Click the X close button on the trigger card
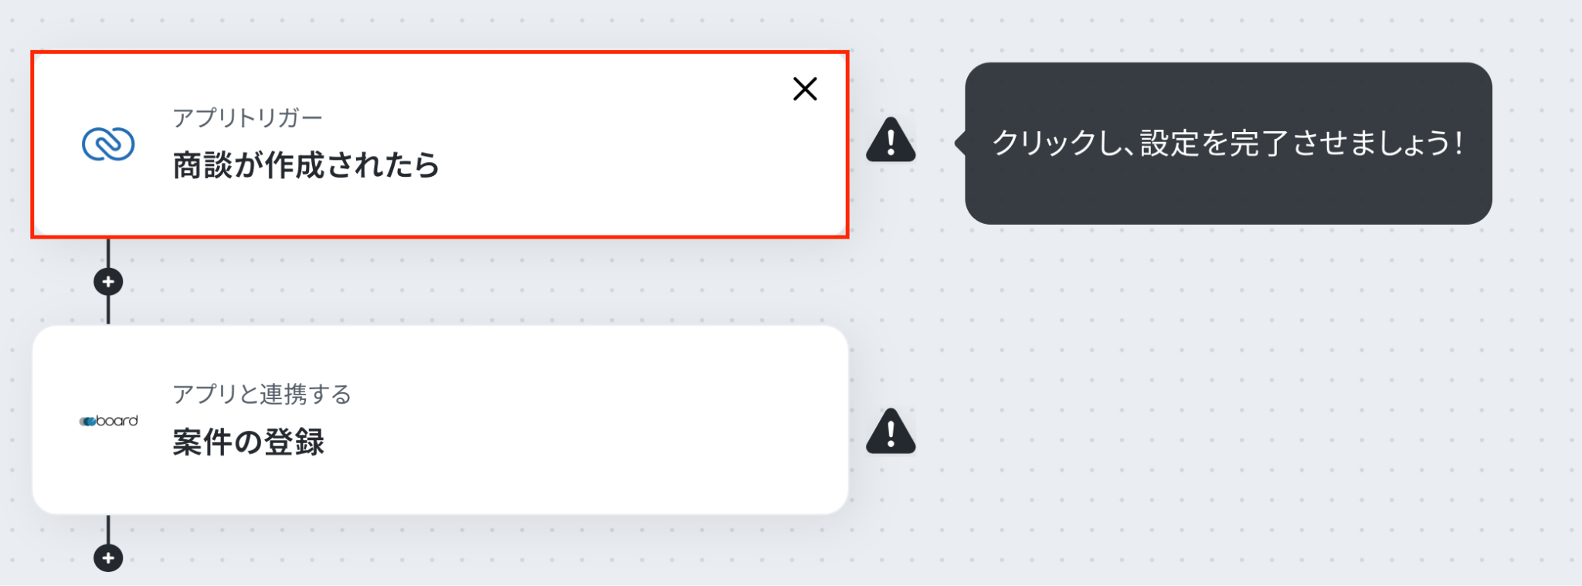tap(805, 89)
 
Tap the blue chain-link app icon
tap(108, 144)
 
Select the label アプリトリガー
tap(248, 118)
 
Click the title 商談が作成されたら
tap(306, 165)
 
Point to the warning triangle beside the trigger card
tap(891, 140)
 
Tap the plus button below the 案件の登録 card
tap(108, 557)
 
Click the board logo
tap(108, 421)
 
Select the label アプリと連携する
tap(262, 395)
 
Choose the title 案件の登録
tap(248, 442)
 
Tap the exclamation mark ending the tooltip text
tap(1458, 143)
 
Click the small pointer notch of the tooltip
tap(960, 143)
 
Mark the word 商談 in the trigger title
tap(202, 165)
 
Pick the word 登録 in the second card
tap(294, 442)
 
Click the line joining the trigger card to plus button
tap(108, 253)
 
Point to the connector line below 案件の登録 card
tap(108, 529)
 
